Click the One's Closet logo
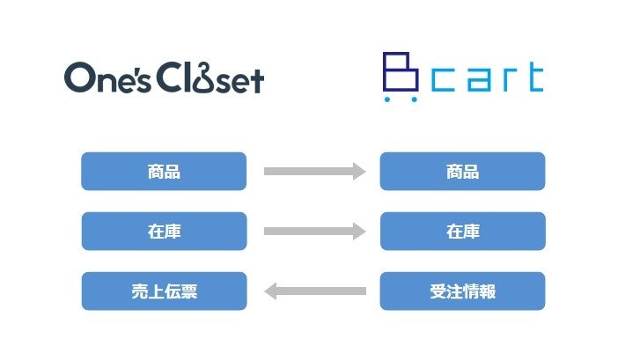(164, 78)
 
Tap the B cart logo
(463, 77)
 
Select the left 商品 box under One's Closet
(164, 172)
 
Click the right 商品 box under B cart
(462, 172)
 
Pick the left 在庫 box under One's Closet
(164, 232)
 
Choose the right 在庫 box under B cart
(462, 232)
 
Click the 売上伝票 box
(164, 291)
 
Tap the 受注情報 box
(462, 291)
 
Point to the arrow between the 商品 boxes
(314, 172)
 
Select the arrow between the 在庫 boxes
(314, 232)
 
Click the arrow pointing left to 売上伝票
(314, 291)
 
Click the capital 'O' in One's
(80, 79)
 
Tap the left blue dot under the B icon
(388, 99)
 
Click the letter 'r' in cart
(506, 80)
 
